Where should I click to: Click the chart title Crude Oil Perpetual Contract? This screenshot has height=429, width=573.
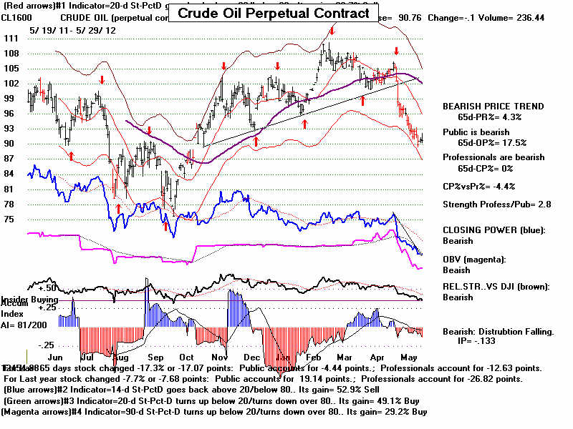(x=273, y=14)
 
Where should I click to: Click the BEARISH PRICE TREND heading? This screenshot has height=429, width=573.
(x=483, y=107)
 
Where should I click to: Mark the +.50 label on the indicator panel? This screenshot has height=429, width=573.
(x=27, y=287)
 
